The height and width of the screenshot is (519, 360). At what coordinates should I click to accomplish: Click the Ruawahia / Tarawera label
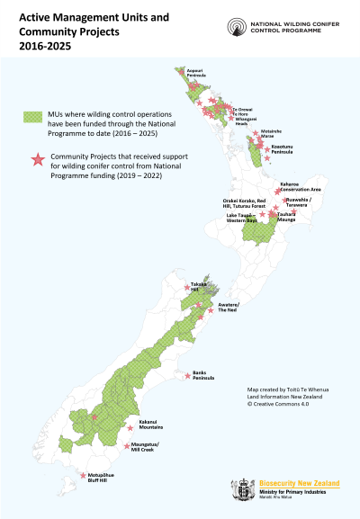point(302,203)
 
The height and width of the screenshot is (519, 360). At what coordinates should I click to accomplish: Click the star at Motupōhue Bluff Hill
point(84,475)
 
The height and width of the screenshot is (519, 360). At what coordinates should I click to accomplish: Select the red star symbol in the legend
point(37,159)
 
